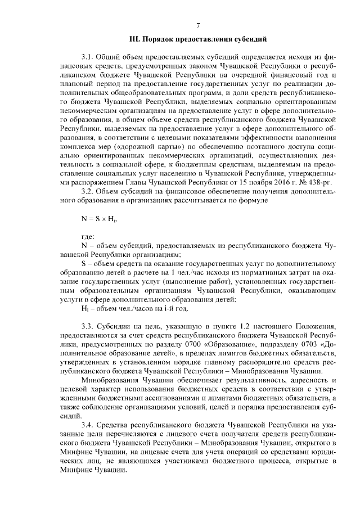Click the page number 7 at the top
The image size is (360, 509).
(197, 25)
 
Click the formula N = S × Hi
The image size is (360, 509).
(98, 218)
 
